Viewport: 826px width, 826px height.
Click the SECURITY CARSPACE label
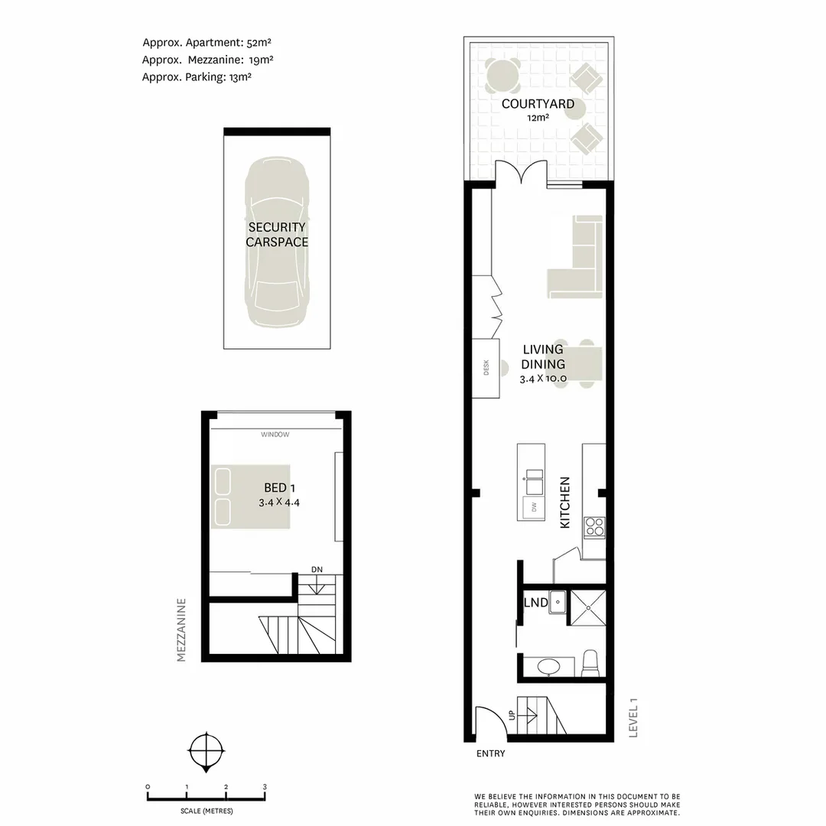(x=277, y=235)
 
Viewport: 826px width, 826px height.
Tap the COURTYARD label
(x=538, y=104)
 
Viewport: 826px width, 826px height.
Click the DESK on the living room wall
(x=486, y=369)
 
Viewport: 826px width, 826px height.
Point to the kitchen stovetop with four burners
(x=594, y=526)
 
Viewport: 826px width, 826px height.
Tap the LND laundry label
(x=535, y=603)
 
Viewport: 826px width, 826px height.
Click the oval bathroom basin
(x=548, y=668)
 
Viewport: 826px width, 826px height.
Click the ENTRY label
(x=490, y=753)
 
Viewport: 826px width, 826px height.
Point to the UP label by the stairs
(x=512, y=716)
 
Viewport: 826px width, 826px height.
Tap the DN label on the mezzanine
(x=318, y=569)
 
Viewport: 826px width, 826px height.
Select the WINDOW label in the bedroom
(x=275, y=434)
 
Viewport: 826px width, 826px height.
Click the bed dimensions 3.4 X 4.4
(x=279, y=502)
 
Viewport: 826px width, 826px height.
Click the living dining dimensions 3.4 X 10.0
(x=543, y=378)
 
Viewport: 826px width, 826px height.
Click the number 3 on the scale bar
(x=264, y=787)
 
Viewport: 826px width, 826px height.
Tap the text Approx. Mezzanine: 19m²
(x=208, y=60)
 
